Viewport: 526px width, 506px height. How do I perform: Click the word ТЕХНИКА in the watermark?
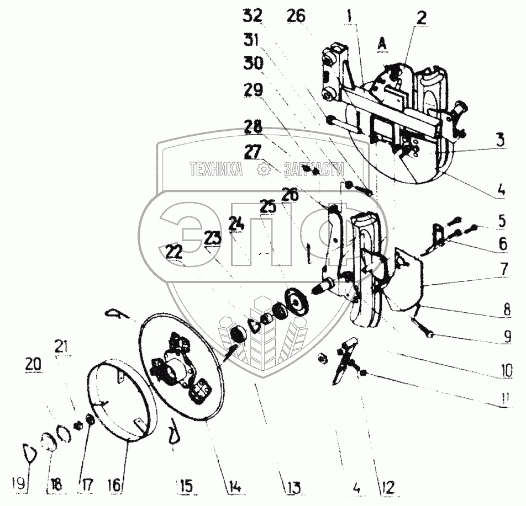click(215, 170)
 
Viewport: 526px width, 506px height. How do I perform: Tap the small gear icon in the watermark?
click(263, 169)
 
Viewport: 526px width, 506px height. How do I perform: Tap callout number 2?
click(421, 18)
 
